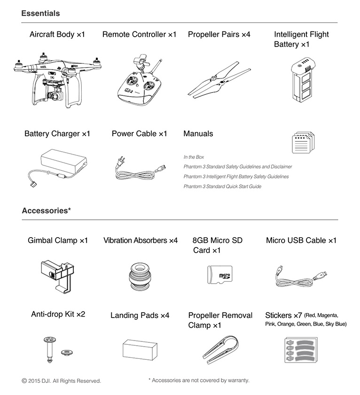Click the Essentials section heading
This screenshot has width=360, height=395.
(x=40, y=13)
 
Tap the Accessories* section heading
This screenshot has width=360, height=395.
(x=46, y=210)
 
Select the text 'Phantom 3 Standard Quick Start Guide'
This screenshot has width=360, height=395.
(x=222, y=186)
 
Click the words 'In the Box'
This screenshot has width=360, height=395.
(x=194, y=157)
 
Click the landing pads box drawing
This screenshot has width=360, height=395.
(x=139, y=349)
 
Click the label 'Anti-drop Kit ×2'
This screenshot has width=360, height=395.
(x=58, y=314)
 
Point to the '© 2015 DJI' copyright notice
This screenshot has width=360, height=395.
(x=61, y=381)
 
